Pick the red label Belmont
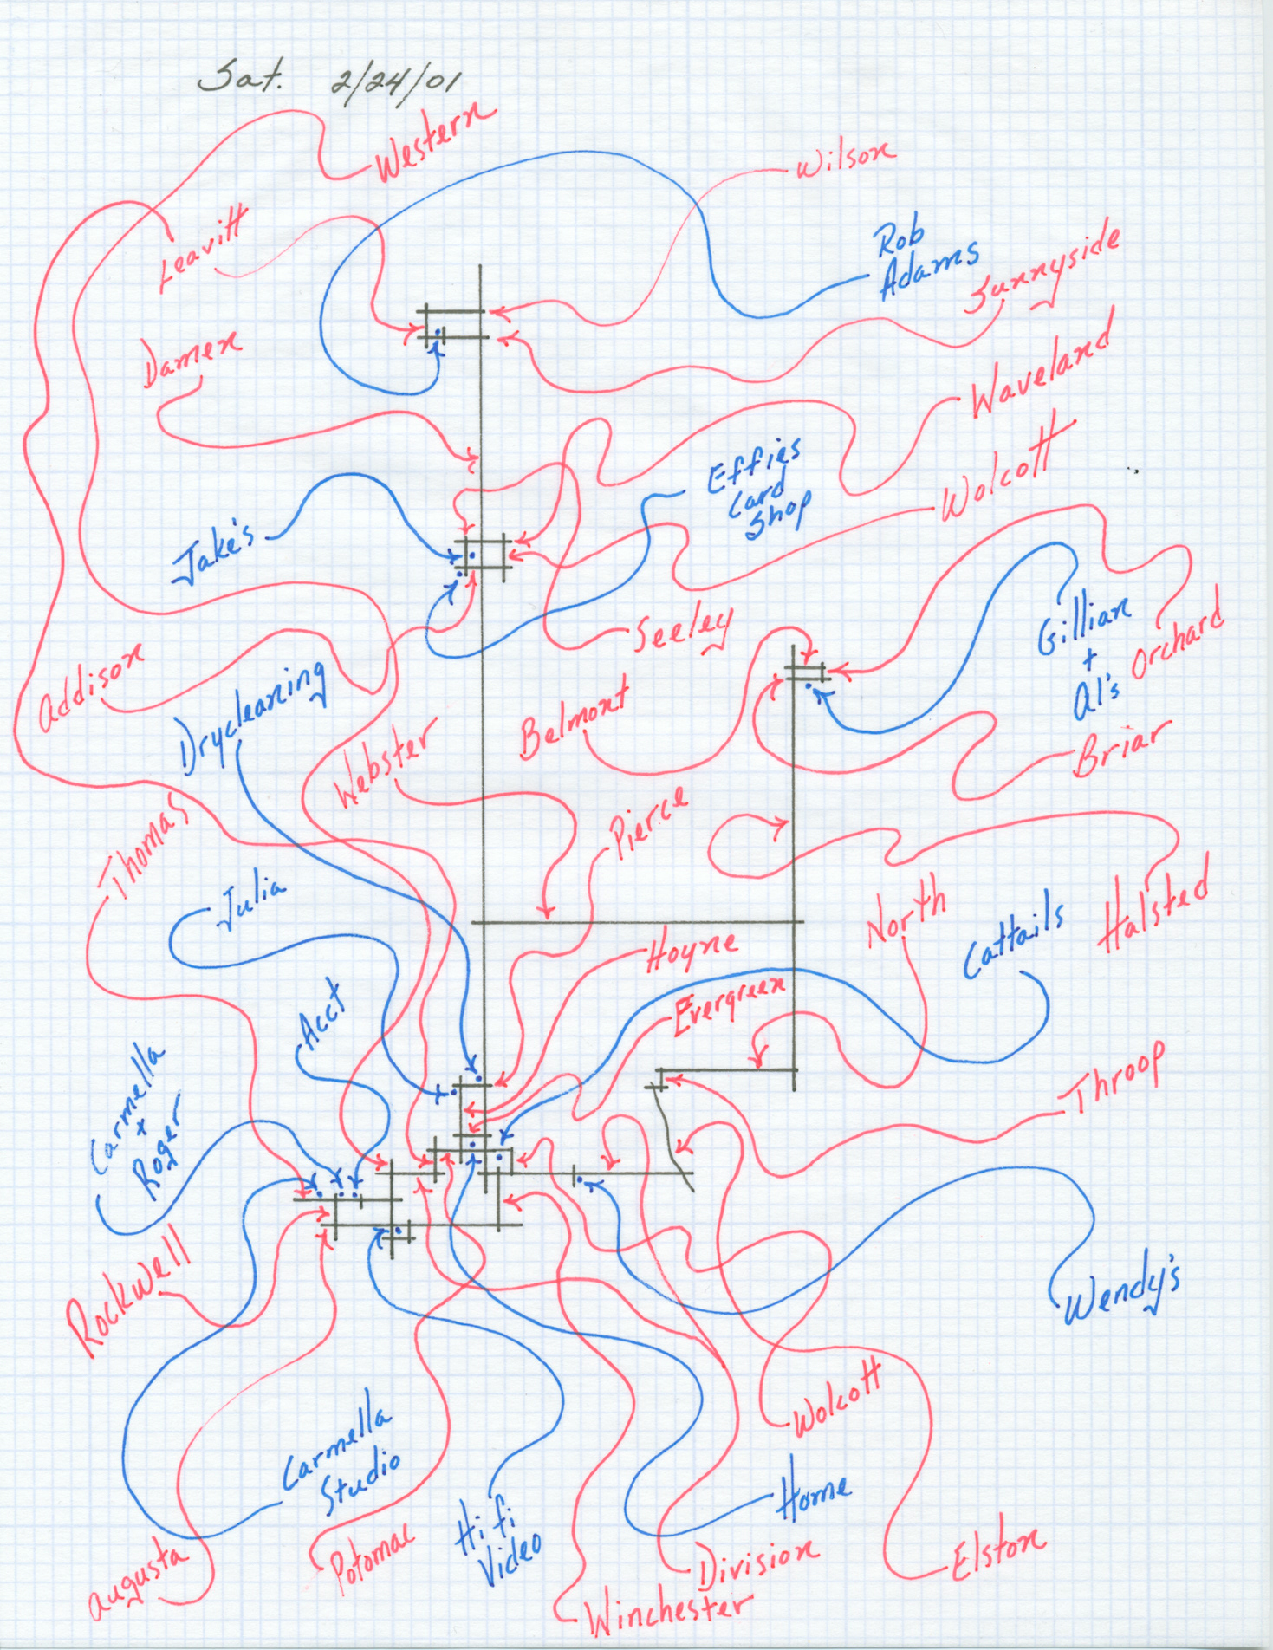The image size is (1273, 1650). (x=574, y=716)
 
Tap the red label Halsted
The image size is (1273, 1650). (x=1153, y=914)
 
